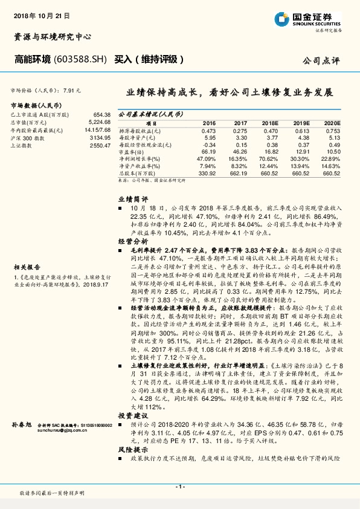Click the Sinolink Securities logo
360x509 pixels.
click(309, 19)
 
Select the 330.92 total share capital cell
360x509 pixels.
click(207, 172)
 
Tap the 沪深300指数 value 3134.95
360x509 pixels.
click(100, 137)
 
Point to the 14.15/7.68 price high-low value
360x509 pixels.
click(97, 129)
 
